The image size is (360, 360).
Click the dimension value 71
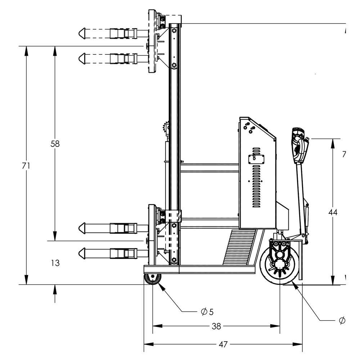pyautogui.click(x=26, y=166)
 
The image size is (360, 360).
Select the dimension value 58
pyautogui.click(x=55, y=144)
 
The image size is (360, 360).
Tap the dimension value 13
pyautogui.click(x=55, y=263)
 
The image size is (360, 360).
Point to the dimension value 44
pyautogui.click(x=333, y=212)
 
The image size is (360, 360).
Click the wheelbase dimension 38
pyautogui.click(x=216, y=327)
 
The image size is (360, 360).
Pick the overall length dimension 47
pyautogui.click(x=223, y=345)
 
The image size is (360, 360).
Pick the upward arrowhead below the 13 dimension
pyautogui.click(x=55, y=289)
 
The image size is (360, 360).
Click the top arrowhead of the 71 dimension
pyautogui.click(x=26, y=50)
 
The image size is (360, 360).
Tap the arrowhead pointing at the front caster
pyautogui.click(x=159, y=286)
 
